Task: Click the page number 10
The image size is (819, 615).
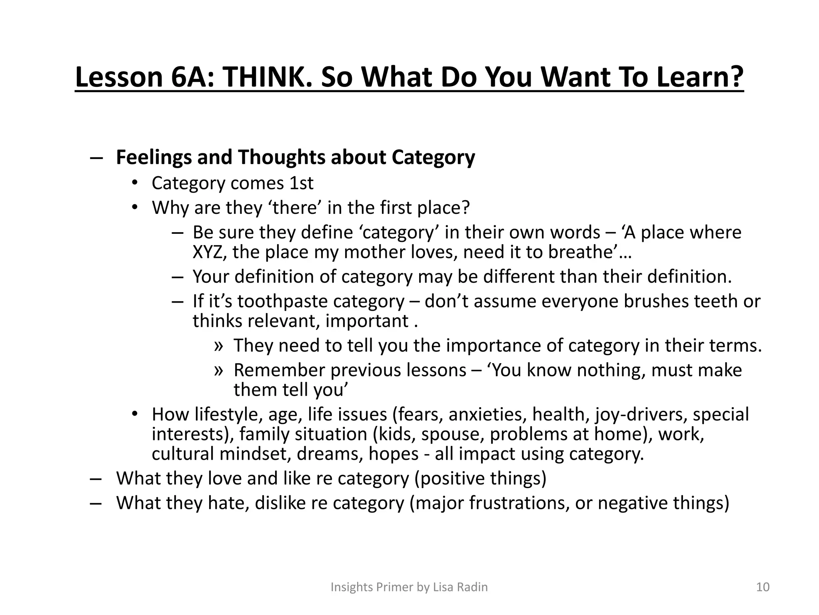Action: click(x=763, y=587)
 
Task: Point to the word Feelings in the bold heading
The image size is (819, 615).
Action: click(x=154, y=157)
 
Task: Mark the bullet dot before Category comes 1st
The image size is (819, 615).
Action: click(x=135, y=183)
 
